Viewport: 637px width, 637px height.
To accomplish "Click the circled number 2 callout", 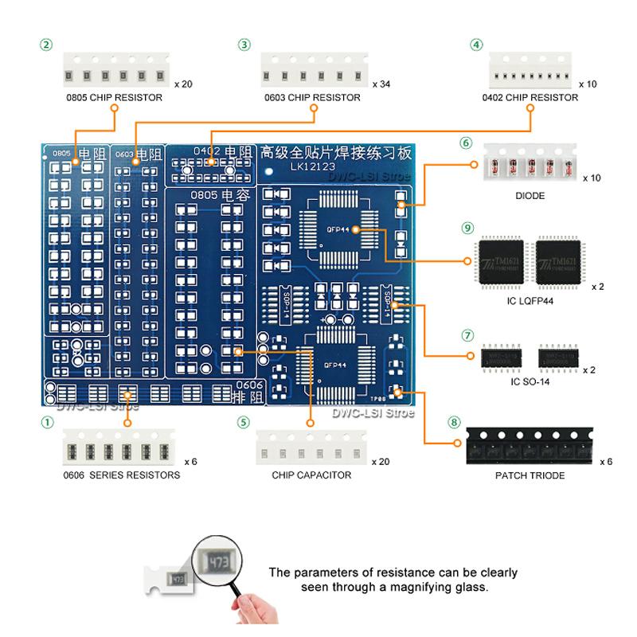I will coord(47,45).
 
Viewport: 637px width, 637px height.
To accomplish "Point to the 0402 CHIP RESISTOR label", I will coord(530,98).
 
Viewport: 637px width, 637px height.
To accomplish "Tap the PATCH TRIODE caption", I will coord(524,476).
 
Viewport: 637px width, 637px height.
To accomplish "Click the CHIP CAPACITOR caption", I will coord(311,475).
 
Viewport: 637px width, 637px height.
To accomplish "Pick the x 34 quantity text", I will coord(381,82).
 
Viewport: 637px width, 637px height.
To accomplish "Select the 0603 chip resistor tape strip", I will coord(314,74).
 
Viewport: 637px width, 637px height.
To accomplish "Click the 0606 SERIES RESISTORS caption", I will coord(112,475).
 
